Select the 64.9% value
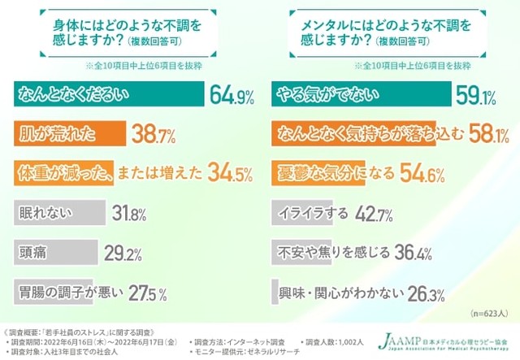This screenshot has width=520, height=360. point(235,95)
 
